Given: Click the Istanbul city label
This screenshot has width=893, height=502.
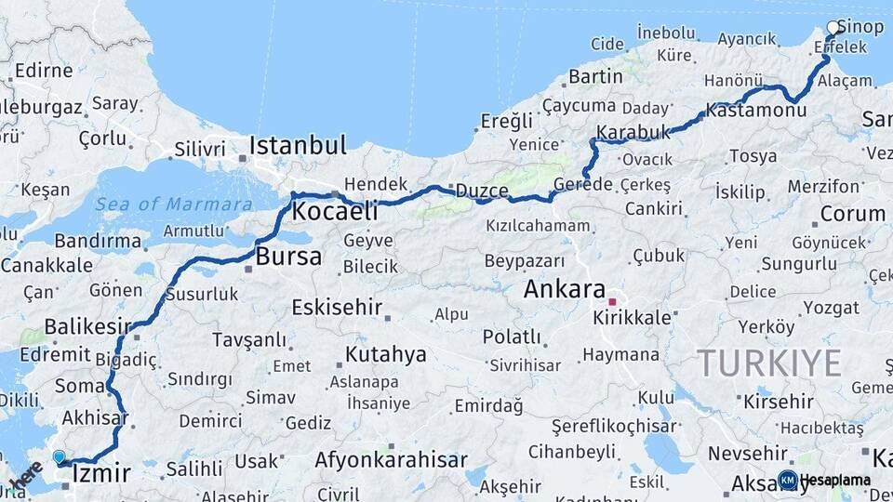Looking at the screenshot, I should point(298,145).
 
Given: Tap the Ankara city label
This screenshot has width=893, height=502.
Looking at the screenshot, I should point(564,289).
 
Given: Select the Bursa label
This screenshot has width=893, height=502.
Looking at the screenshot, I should point(288,257).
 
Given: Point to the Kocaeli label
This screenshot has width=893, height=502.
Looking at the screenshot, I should point(335,212).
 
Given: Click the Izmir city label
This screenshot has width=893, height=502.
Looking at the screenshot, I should point(100,474).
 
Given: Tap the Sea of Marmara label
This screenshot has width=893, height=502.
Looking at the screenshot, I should point(173,205).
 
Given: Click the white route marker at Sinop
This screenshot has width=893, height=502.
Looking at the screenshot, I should point(833,28).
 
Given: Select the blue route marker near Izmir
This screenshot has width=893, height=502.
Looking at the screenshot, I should point(60,457).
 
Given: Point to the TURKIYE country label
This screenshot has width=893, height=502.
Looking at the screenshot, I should point(769,362).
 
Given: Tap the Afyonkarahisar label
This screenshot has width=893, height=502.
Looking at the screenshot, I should point(391,460).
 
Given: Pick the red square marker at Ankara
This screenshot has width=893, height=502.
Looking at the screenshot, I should point(612,302).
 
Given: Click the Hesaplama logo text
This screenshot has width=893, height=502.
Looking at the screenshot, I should point(835,480).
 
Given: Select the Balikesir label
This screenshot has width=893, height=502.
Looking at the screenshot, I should point(87,326).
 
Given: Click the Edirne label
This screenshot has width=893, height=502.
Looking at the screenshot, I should point(44,71).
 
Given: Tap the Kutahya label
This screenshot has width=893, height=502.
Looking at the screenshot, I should point(385,354).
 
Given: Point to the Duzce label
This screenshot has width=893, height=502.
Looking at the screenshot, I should point(482,191).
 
